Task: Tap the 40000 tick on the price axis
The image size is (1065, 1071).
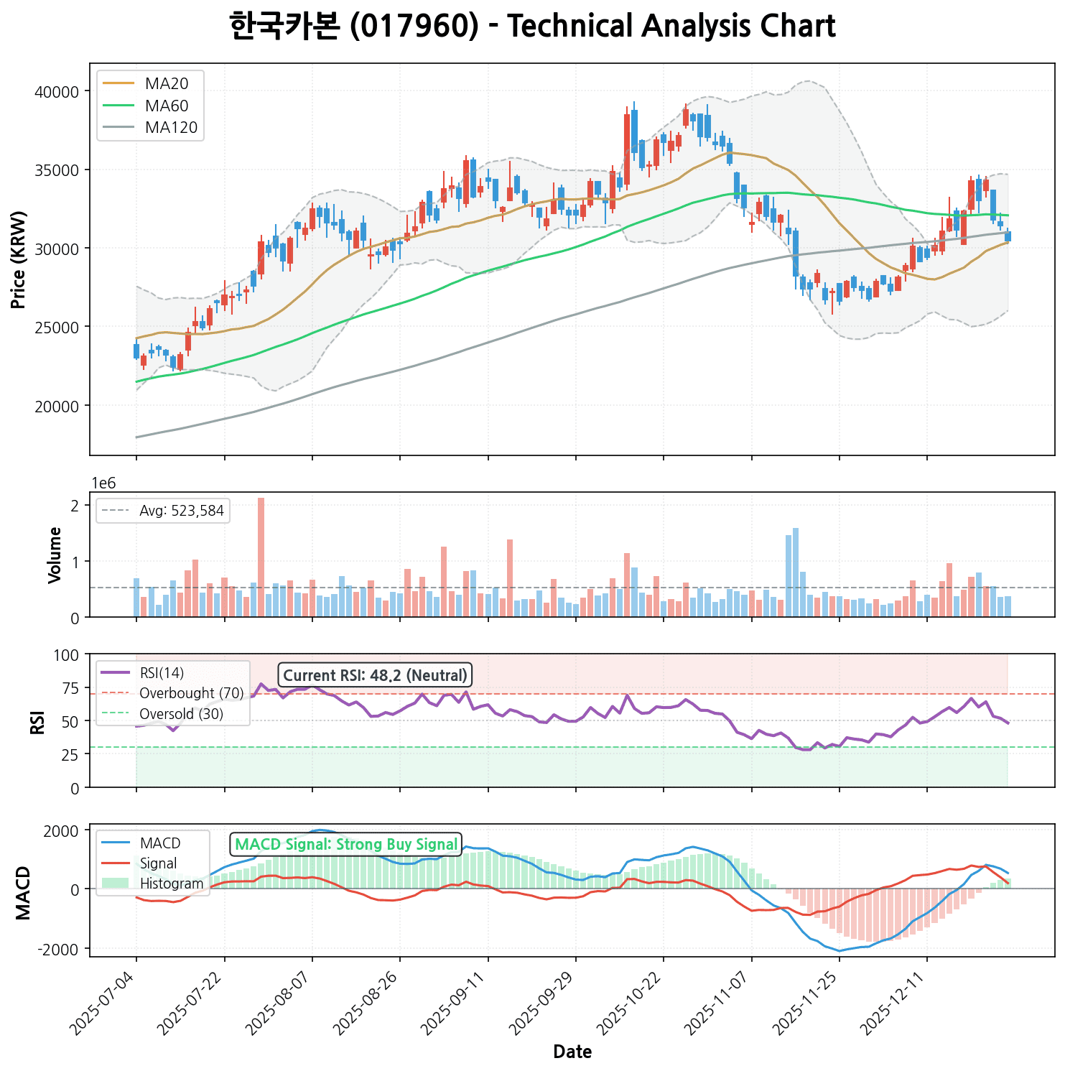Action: (x=57, y=91)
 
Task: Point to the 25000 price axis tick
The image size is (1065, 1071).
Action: (x=57, y=327)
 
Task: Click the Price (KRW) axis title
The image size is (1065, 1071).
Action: (x=19, y=259)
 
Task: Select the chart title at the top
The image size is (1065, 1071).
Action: (x=532, y=27)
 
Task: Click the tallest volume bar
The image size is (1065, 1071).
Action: (x=261, y=557)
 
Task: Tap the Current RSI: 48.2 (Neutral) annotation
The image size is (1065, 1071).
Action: (x=375, y=675)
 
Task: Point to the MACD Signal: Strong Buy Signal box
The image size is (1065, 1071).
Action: (x=346, y=844)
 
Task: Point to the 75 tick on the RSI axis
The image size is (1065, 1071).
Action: (x=71, y=687)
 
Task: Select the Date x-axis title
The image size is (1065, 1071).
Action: (x=572, y=1052)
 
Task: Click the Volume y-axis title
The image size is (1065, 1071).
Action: (x=55, y=555)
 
